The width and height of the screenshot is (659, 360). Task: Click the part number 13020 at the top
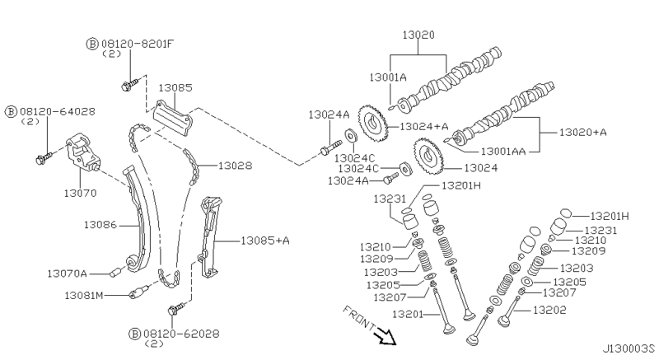pos(418,36)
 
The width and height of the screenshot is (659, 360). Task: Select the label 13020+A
pos(583,132)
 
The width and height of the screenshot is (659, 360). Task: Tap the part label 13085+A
pos(265,241)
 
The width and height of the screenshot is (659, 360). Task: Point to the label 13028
pos(235,166)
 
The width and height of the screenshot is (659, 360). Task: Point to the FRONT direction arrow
pos(383,335)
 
